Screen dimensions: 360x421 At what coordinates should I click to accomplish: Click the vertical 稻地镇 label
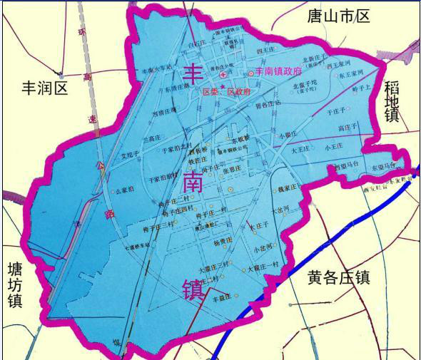(392, 101)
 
